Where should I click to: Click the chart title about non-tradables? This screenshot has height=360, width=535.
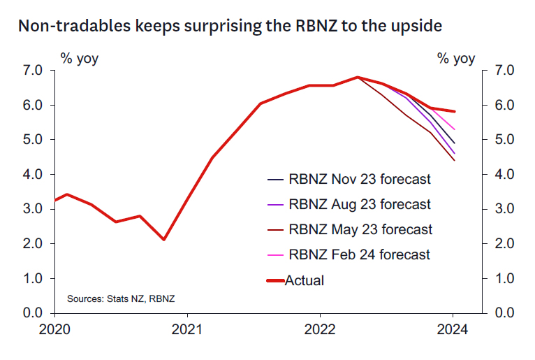230,27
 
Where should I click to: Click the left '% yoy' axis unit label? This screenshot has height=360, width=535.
80,58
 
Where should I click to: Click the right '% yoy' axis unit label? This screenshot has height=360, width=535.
456,58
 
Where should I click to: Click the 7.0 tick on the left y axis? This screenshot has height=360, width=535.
34,71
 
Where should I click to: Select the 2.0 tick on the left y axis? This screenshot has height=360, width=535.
34,243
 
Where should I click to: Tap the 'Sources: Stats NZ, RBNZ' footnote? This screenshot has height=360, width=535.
121,299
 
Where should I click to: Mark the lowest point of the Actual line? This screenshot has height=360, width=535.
163,240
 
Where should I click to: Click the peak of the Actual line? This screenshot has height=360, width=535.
358,77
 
